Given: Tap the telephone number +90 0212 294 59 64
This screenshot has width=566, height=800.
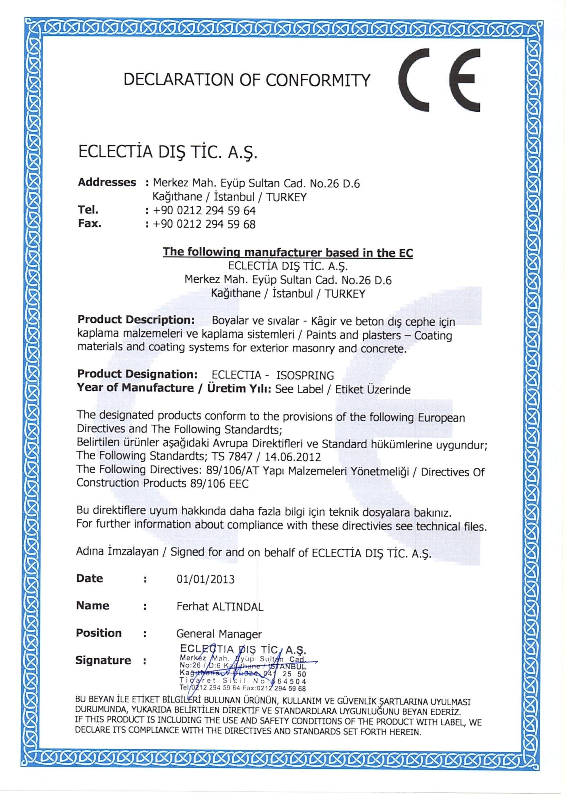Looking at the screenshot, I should (204, 211).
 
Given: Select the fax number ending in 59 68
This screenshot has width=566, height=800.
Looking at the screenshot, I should (204, 224).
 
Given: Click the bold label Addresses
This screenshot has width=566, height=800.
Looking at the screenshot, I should (107, 182).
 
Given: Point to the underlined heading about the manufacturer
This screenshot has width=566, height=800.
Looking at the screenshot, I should (287, 252).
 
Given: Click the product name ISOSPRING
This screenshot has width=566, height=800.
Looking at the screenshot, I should (305, 375).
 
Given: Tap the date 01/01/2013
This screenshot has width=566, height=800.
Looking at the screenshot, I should (206, 579).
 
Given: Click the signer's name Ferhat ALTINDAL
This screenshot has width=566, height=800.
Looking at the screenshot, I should (220, 607).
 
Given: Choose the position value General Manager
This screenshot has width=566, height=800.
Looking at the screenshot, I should (219, 633).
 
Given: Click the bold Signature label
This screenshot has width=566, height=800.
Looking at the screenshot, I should (103, 660).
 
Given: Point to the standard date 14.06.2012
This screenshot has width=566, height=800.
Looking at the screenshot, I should (293, 457).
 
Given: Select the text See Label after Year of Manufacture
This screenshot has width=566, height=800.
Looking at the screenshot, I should (299, 389).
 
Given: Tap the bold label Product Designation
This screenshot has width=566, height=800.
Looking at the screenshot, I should (137, 374).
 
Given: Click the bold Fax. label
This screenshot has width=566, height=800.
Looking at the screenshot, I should (89, 224).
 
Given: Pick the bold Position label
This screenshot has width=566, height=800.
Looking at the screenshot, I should (99, 633).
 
